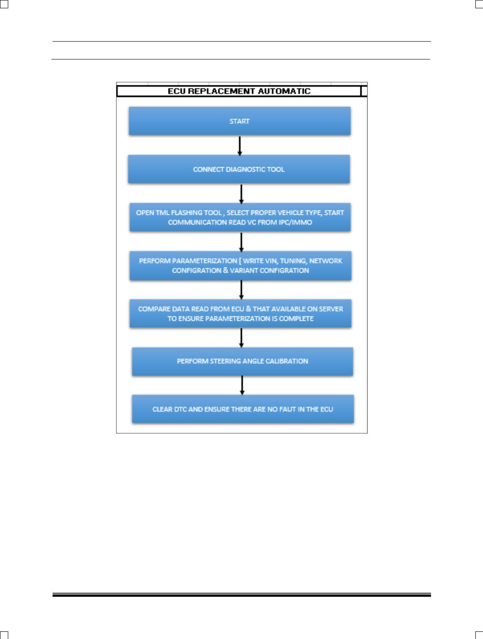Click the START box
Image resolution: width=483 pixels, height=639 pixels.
(x=239, y=121)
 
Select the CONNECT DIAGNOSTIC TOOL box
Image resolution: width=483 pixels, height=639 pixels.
(x=239, y=169)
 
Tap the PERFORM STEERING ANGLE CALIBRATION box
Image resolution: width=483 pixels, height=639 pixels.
(x=242, y=361)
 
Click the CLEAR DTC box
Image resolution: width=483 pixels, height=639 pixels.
(x=243, y=409)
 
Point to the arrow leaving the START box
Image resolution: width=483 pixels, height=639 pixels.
(x=240, y=146)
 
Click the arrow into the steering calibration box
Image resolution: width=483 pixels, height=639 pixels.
(x=241, y=337)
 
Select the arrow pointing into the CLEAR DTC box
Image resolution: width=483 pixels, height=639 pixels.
(x=242, y=385)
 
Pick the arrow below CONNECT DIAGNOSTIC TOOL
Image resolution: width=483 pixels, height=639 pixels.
(x=241, y=194)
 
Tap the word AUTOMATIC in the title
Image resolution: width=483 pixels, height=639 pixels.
(x=284, y=91)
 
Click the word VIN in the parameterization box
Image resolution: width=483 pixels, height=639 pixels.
(x=271, y=261)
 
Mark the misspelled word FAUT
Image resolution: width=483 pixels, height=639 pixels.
(x=288, y=409)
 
